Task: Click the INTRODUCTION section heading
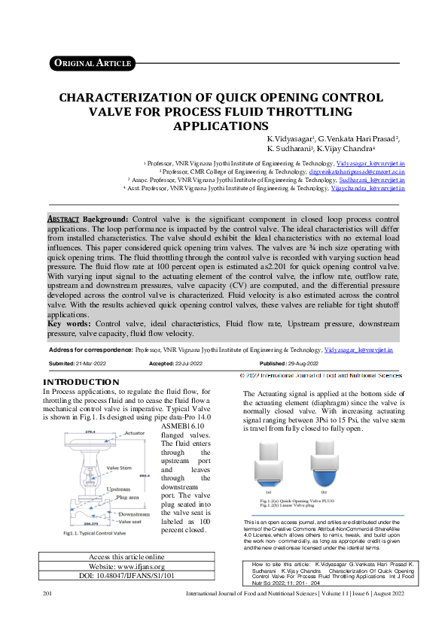pos(83,383)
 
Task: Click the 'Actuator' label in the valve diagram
pos(135,434)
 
